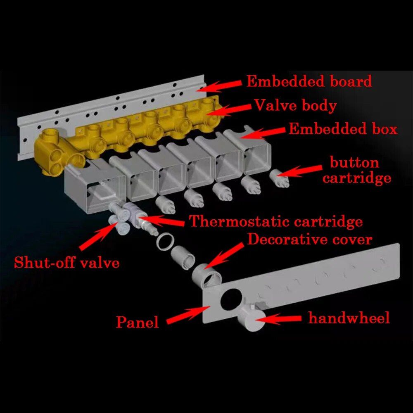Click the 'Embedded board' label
click(309, 81)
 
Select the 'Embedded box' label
click(343, 129)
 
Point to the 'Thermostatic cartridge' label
click(276, 221)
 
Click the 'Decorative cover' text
click(310, 240)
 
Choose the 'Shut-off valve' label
click(66, 262)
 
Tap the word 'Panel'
click(138, 322)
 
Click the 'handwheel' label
click(349, 318)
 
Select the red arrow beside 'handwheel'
click(279, 319)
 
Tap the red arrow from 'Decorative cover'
click(224, 255)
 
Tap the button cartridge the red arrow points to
click(280, 178)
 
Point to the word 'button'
click(354, 162)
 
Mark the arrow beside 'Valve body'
click(229, 110)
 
